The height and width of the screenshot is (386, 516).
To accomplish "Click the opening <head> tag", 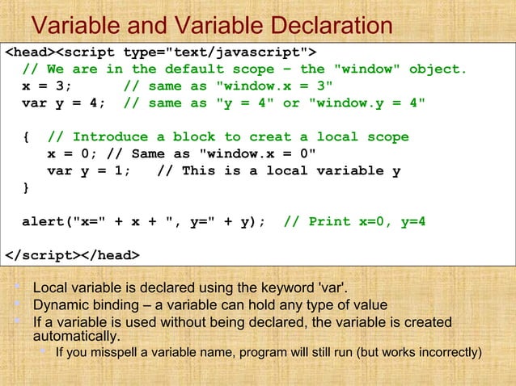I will [x=29, y=53].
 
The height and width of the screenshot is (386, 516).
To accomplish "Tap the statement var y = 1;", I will [x=88, y=170].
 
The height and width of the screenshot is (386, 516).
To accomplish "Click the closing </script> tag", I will [x=42, y=256].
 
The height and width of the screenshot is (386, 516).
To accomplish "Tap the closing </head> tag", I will [x=109, y=256].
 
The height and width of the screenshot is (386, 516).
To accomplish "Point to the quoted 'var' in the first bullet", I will [x=332, y=287].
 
